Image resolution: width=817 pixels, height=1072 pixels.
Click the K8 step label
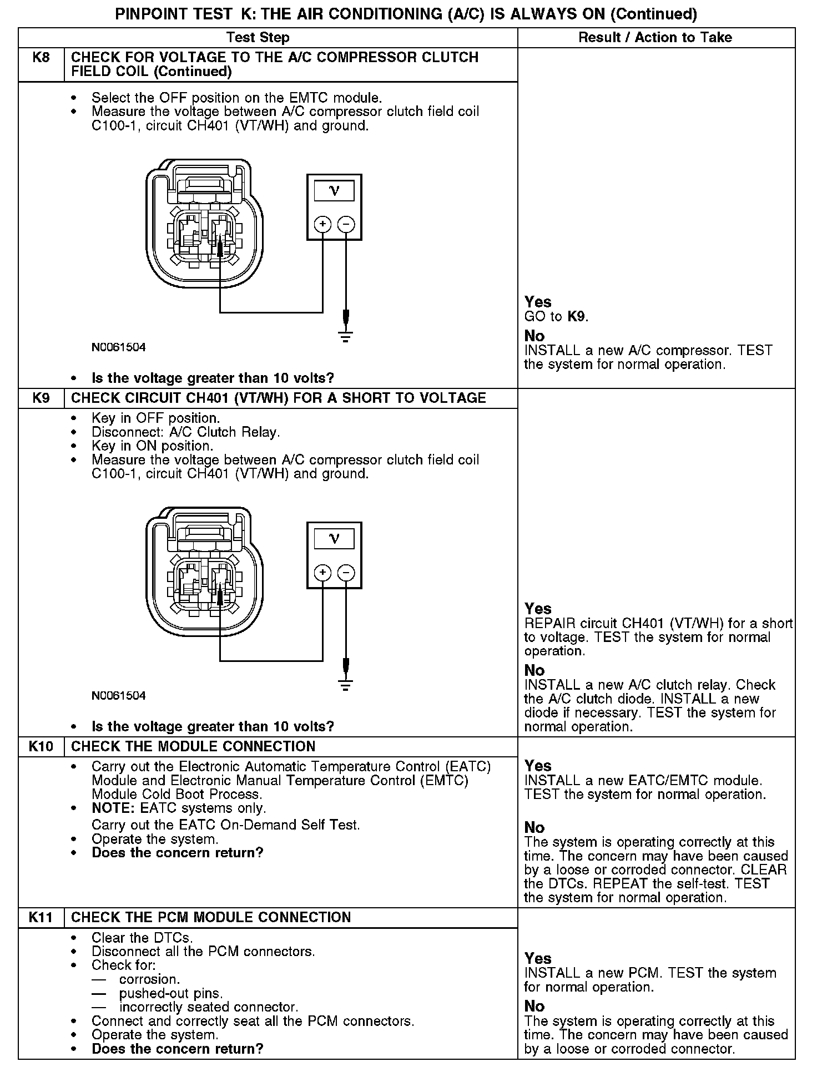tap(41, 58)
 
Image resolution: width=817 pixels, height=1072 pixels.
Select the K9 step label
tap(41, 398)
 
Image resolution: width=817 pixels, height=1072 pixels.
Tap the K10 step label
tap(41, 746)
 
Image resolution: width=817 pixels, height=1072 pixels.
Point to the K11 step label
tap(41, 917)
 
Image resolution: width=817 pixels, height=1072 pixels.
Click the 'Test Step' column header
tap(258, 38)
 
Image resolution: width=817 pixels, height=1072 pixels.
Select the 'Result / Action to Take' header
tap(655, 38)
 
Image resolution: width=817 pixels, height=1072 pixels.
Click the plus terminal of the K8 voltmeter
tap(322, 224)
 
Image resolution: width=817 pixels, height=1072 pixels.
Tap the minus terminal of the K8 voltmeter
tap(346, 224)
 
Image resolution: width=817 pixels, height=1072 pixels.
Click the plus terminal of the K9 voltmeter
tap(322, 572)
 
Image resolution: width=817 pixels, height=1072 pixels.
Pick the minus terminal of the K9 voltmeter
tap(346, 572)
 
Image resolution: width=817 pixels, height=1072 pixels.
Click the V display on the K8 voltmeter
tap(334, 191)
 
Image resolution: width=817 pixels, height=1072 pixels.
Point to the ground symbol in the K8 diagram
tap(345, 336)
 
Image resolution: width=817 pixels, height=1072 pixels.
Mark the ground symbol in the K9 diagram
tap(345, 684)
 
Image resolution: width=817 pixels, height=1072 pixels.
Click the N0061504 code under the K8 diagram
tap(119, 347)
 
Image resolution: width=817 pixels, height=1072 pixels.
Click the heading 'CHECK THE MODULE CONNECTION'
tap(193, 746)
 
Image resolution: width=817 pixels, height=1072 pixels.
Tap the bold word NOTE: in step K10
tap(113, 808)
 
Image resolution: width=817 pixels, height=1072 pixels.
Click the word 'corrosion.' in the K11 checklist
tap(149, 979)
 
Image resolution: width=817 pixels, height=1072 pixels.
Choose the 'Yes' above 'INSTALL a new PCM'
tap(538, 958)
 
